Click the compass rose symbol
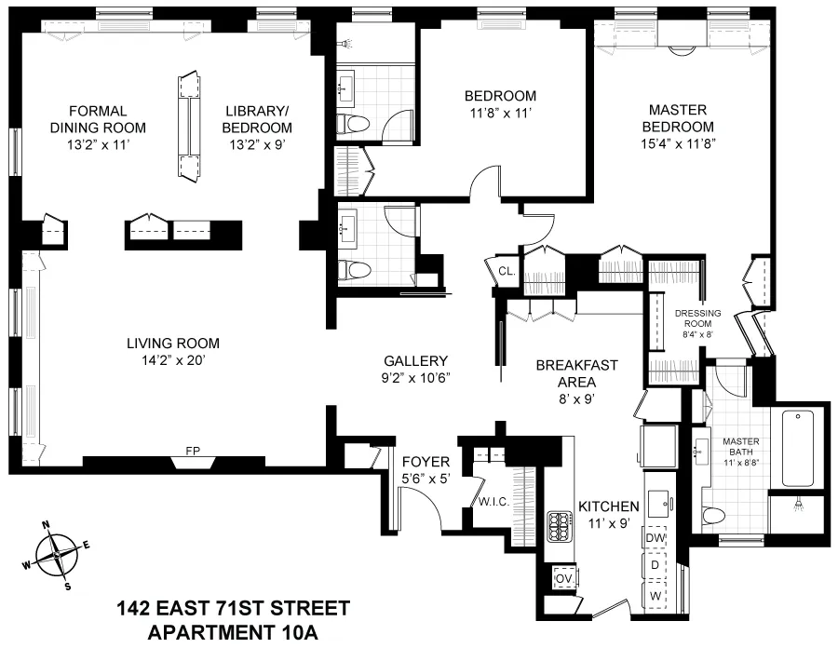tap(57, 554)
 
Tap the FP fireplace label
tap(193, 452)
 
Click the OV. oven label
tap(563, 577)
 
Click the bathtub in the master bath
tap(803, 447)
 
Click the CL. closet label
tap(507, 271)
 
